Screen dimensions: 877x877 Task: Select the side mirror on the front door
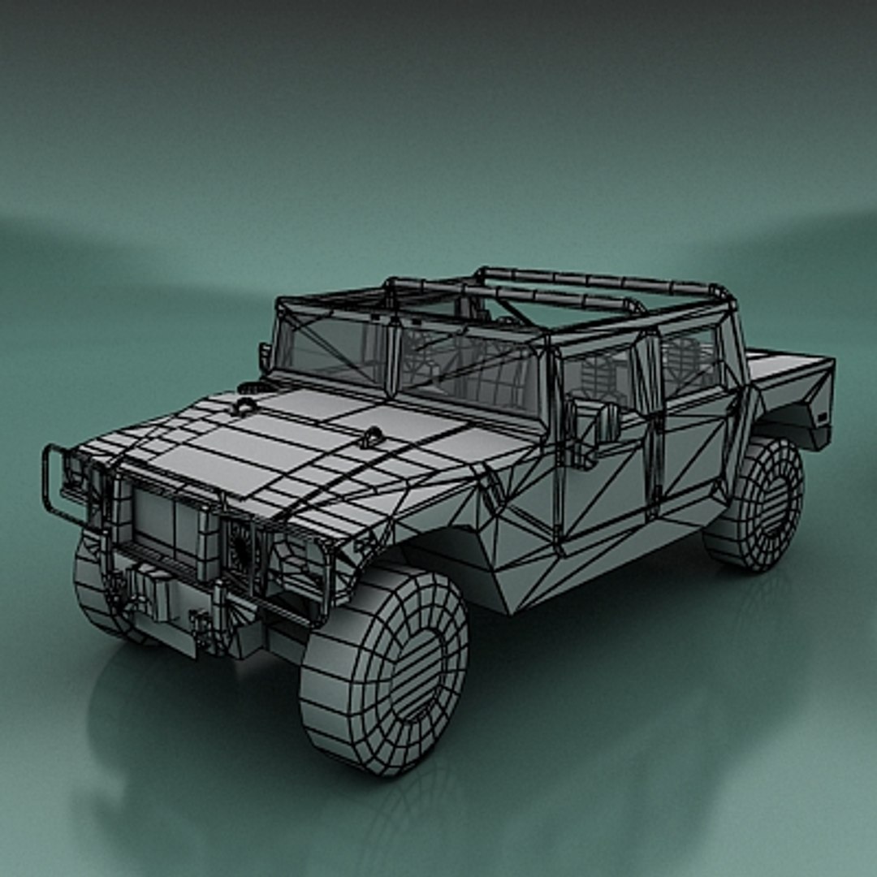[x=607, y=421]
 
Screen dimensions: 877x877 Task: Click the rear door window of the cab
[x=690, y=358]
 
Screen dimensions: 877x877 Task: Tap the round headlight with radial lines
[x=240, y=543]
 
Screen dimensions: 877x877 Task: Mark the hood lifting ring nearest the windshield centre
[x=372, y=437]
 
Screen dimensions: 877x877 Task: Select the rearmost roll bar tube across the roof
[x=601, y=280]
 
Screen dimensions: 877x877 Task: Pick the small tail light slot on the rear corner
[x=821, y=417]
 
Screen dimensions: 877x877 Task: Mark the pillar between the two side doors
[x=650, y=430]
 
